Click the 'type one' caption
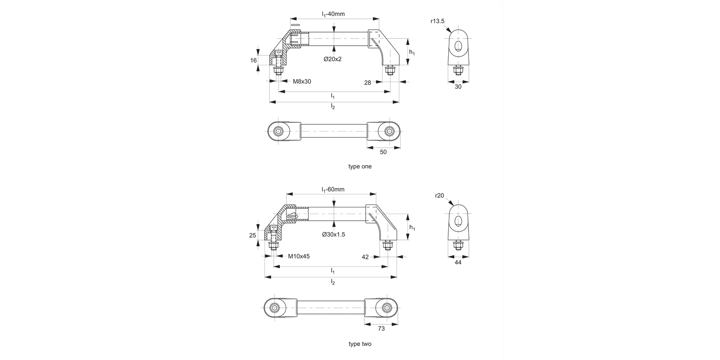[360, 167]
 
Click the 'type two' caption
[360, 344]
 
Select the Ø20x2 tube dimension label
[333, 59]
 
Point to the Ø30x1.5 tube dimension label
[334, 234]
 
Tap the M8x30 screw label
[302, 82]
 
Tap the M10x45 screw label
[299, 256]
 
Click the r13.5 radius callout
[438, 21]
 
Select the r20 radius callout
[440, 195]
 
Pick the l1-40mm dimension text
[333, 14]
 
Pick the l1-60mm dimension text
[333, 189]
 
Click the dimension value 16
[253, 60]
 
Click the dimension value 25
[252, 235]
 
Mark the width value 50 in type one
[383, 152]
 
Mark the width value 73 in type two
[381, 328]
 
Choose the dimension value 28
[367, 83]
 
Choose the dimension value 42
[365, 257]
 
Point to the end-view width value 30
[458, 87]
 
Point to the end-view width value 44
[458, 262]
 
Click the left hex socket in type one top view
[279, 132]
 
